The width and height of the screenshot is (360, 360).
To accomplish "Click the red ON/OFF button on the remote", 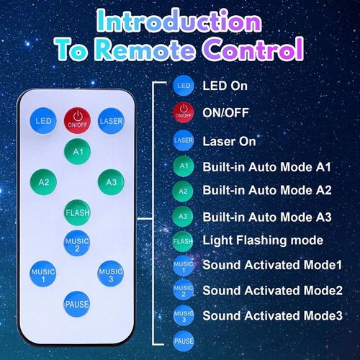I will (76, 120).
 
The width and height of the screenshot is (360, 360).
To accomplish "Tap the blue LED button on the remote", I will (43, 120).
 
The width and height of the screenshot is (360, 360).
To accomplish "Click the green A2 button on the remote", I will (43, 182).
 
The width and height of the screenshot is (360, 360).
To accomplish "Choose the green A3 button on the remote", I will (111, 182).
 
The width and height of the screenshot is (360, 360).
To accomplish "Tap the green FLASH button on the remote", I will (77, 212).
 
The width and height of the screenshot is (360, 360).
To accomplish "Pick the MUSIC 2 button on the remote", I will (77, 243).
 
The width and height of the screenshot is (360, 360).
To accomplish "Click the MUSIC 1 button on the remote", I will (43, 274).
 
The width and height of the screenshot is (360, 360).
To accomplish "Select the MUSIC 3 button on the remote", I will (111, 274).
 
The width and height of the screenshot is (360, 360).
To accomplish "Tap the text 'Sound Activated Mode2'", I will (272, 290).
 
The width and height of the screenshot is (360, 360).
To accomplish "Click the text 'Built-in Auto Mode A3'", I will (266, 215).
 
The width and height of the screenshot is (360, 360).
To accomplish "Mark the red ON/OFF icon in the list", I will (184, 112).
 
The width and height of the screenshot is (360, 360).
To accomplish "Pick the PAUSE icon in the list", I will (184, 339).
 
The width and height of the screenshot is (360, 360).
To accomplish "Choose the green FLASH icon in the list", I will (184, 240).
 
